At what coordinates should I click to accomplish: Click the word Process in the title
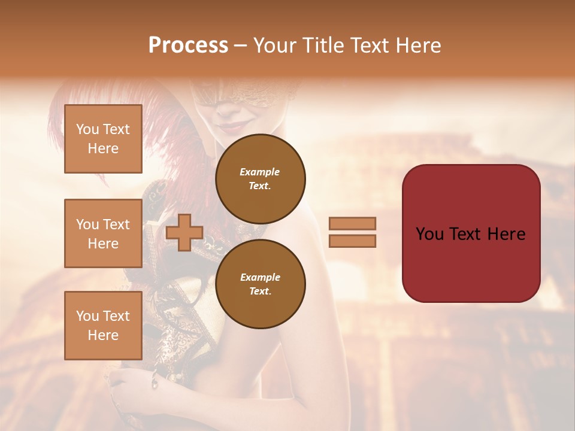(188, 45)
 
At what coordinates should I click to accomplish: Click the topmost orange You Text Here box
(103, 139)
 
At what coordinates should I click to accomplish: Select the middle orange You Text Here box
(103, 233)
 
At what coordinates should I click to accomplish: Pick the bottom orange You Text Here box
(103, 326)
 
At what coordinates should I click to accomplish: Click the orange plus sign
(184, 233)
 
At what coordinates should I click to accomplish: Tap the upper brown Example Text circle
(261, 178)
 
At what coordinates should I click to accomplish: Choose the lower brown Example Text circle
(261, 284)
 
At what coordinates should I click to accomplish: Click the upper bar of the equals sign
(353, 223)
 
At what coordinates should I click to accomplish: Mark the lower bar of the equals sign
(353, 241)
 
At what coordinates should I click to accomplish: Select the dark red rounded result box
(471, 233)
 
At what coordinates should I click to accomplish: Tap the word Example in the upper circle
(260, 172)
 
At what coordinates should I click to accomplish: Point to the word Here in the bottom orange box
(103, 335)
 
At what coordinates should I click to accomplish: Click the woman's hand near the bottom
(129, 395)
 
